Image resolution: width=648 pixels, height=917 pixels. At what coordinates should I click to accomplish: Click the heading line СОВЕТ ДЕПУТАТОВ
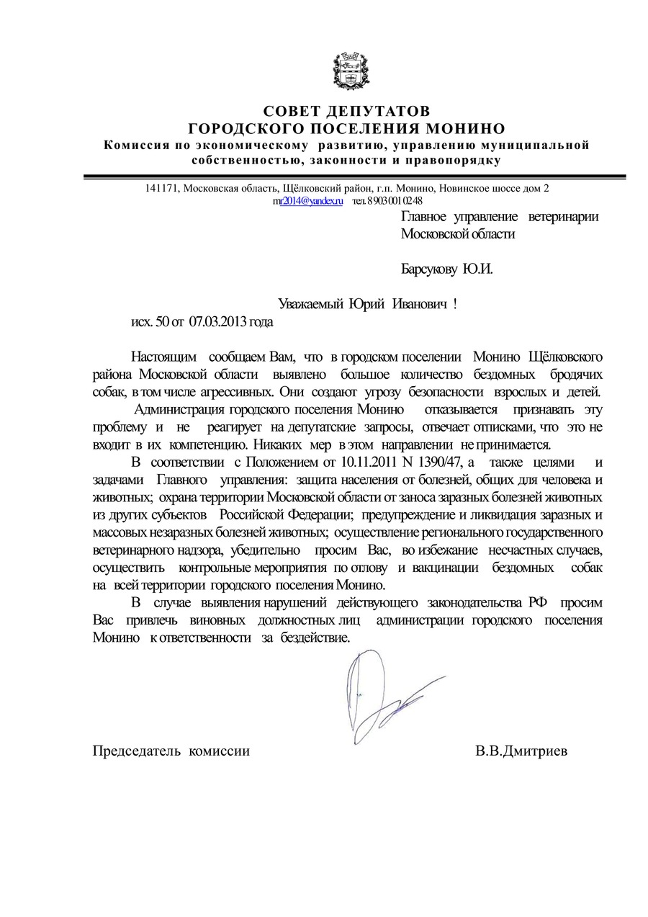point(347,112)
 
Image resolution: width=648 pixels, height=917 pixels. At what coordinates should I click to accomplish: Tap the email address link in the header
point(307,201)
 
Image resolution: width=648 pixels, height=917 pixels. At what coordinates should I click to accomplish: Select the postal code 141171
point(161,189)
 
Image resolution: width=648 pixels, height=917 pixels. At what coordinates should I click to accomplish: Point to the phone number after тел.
point(394,201)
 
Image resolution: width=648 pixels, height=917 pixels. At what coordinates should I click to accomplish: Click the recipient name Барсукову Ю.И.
point(446,269)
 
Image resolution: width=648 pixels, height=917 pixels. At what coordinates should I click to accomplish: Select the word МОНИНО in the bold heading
point(464,129)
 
